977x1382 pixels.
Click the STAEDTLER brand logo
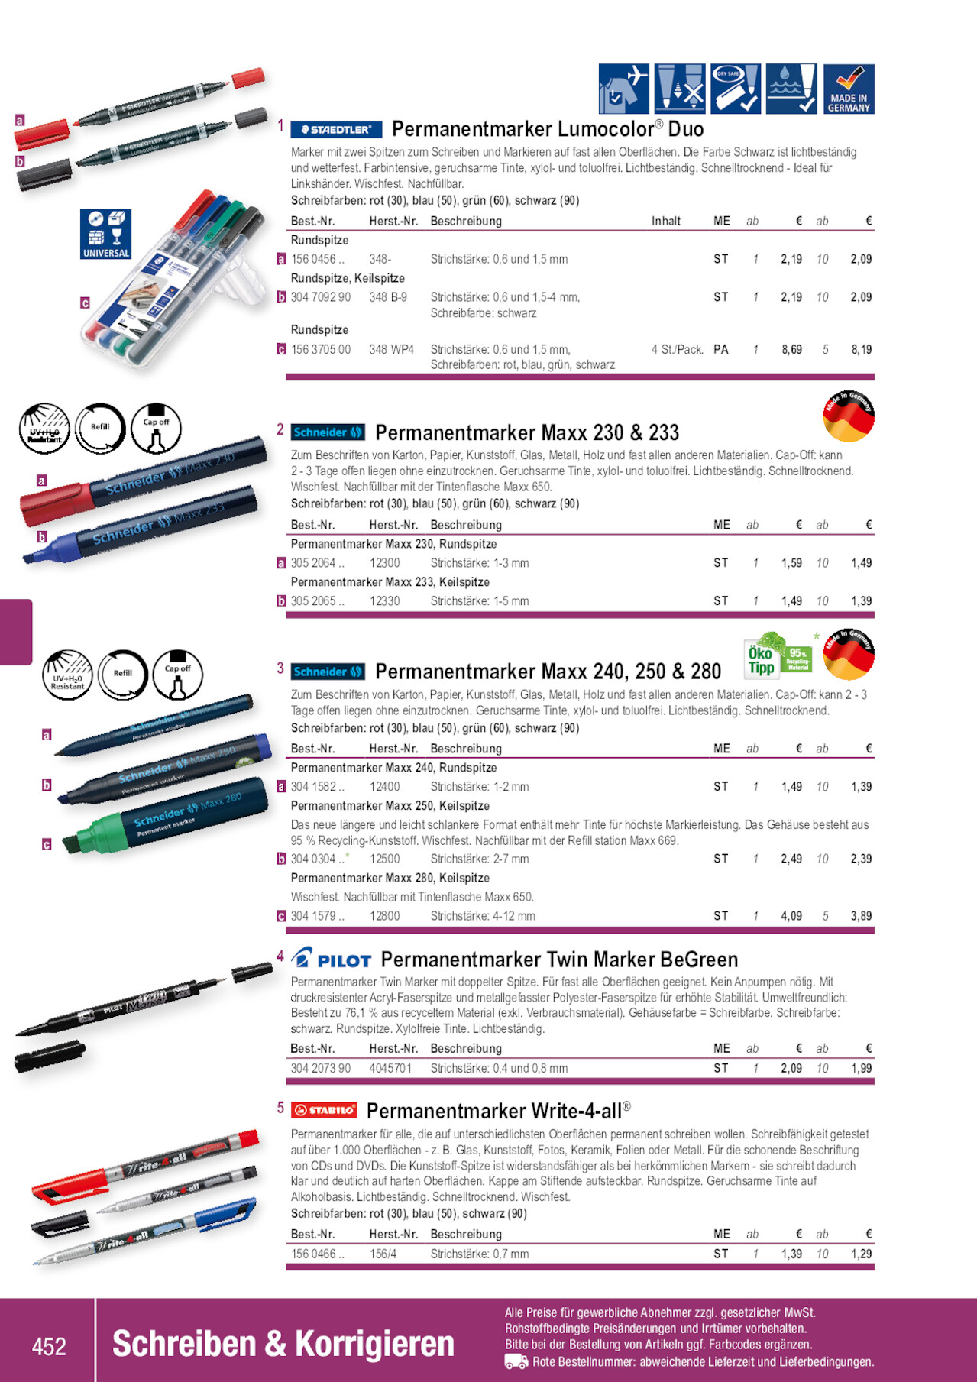(x=336, y=130)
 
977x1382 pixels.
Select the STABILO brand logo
(x=325, y=1110)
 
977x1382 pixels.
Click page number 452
(x=49, y=1345)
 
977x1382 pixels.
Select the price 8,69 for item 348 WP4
(x=791, y=350)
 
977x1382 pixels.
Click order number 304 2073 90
(x=321, y=1068)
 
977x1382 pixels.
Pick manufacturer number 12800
(x=384, y=916)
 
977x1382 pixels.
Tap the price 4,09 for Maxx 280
(x=791, y=916)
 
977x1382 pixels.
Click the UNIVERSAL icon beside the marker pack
(x=105, y=234)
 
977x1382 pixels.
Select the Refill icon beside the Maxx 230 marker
(x=99, y=427)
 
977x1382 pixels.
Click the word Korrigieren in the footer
(x=374, y=1345)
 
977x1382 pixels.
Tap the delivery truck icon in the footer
(x=516, y=1361)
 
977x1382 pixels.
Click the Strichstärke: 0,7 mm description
(x=479, y=1254)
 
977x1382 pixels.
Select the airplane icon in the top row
(x=624, y=89)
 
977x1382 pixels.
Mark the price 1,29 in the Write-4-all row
(x=861, y=1254)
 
